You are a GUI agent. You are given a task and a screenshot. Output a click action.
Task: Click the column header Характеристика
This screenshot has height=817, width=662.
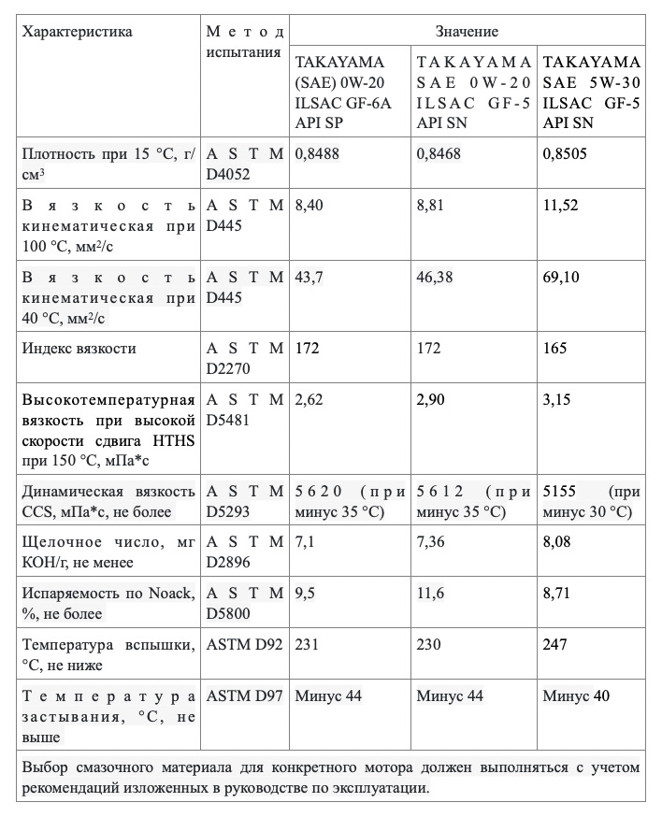(77, 32)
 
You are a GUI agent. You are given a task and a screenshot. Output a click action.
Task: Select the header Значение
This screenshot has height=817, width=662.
(467, 32)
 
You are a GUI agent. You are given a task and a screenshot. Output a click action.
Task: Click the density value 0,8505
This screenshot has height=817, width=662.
(565, 153)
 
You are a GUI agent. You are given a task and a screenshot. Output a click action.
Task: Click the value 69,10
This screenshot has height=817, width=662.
(562, 279)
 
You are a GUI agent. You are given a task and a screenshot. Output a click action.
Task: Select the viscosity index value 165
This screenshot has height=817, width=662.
(555, 349)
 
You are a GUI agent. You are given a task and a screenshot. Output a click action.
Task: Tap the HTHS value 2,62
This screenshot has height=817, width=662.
(310, 400)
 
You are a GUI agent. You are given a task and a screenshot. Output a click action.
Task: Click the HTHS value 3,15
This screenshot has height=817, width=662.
(558, 400)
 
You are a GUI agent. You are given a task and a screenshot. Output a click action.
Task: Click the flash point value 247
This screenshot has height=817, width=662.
(555, 647)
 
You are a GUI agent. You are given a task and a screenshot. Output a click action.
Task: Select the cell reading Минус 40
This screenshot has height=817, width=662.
(577, 695)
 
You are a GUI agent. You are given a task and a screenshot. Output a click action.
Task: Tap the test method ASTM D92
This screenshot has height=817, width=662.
(243, 647)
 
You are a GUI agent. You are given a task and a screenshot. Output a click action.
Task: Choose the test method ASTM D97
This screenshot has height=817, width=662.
(243, 695)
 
